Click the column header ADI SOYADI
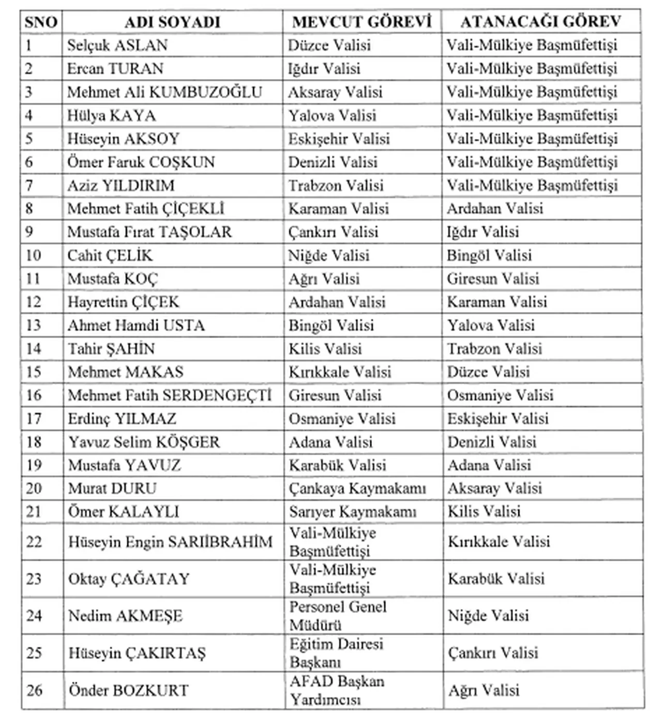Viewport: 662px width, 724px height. pos(172,22)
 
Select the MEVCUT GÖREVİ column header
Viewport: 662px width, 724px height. pos(362,22)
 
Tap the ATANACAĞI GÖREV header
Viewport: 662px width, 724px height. pos(540,22)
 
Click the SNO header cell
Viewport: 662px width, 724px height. pos(41,22)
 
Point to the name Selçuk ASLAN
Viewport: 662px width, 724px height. pos(117,45)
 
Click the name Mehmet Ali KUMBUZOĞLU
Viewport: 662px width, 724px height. pos(164,92)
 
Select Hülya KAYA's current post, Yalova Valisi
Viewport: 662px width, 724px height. pos(332,115)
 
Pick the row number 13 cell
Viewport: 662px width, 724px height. pos(34,326)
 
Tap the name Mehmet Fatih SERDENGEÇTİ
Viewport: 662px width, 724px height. pos(170,395)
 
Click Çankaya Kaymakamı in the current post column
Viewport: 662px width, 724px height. pos(357,488)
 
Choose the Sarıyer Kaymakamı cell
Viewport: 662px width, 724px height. pos(352,512)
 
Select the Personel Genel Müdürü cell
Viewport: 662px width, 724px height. pos(337,615)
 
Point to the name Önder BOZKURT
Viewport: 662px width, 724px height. pos(128,690)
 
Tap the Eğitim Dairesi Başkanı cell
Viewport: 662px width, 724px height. pos(336,653)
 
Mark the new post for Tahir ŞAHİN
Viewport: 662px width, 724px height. pos(494,349)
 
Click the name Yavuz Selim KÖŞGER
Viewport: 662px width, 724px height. pos(144,442)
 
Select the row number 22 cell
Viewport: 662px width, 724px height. pos(34,542)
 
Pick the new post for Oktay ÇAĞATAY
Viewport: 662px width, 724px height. pos(496,578)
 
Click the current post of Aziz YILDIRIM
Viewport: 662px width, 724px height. pos(336,186)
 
